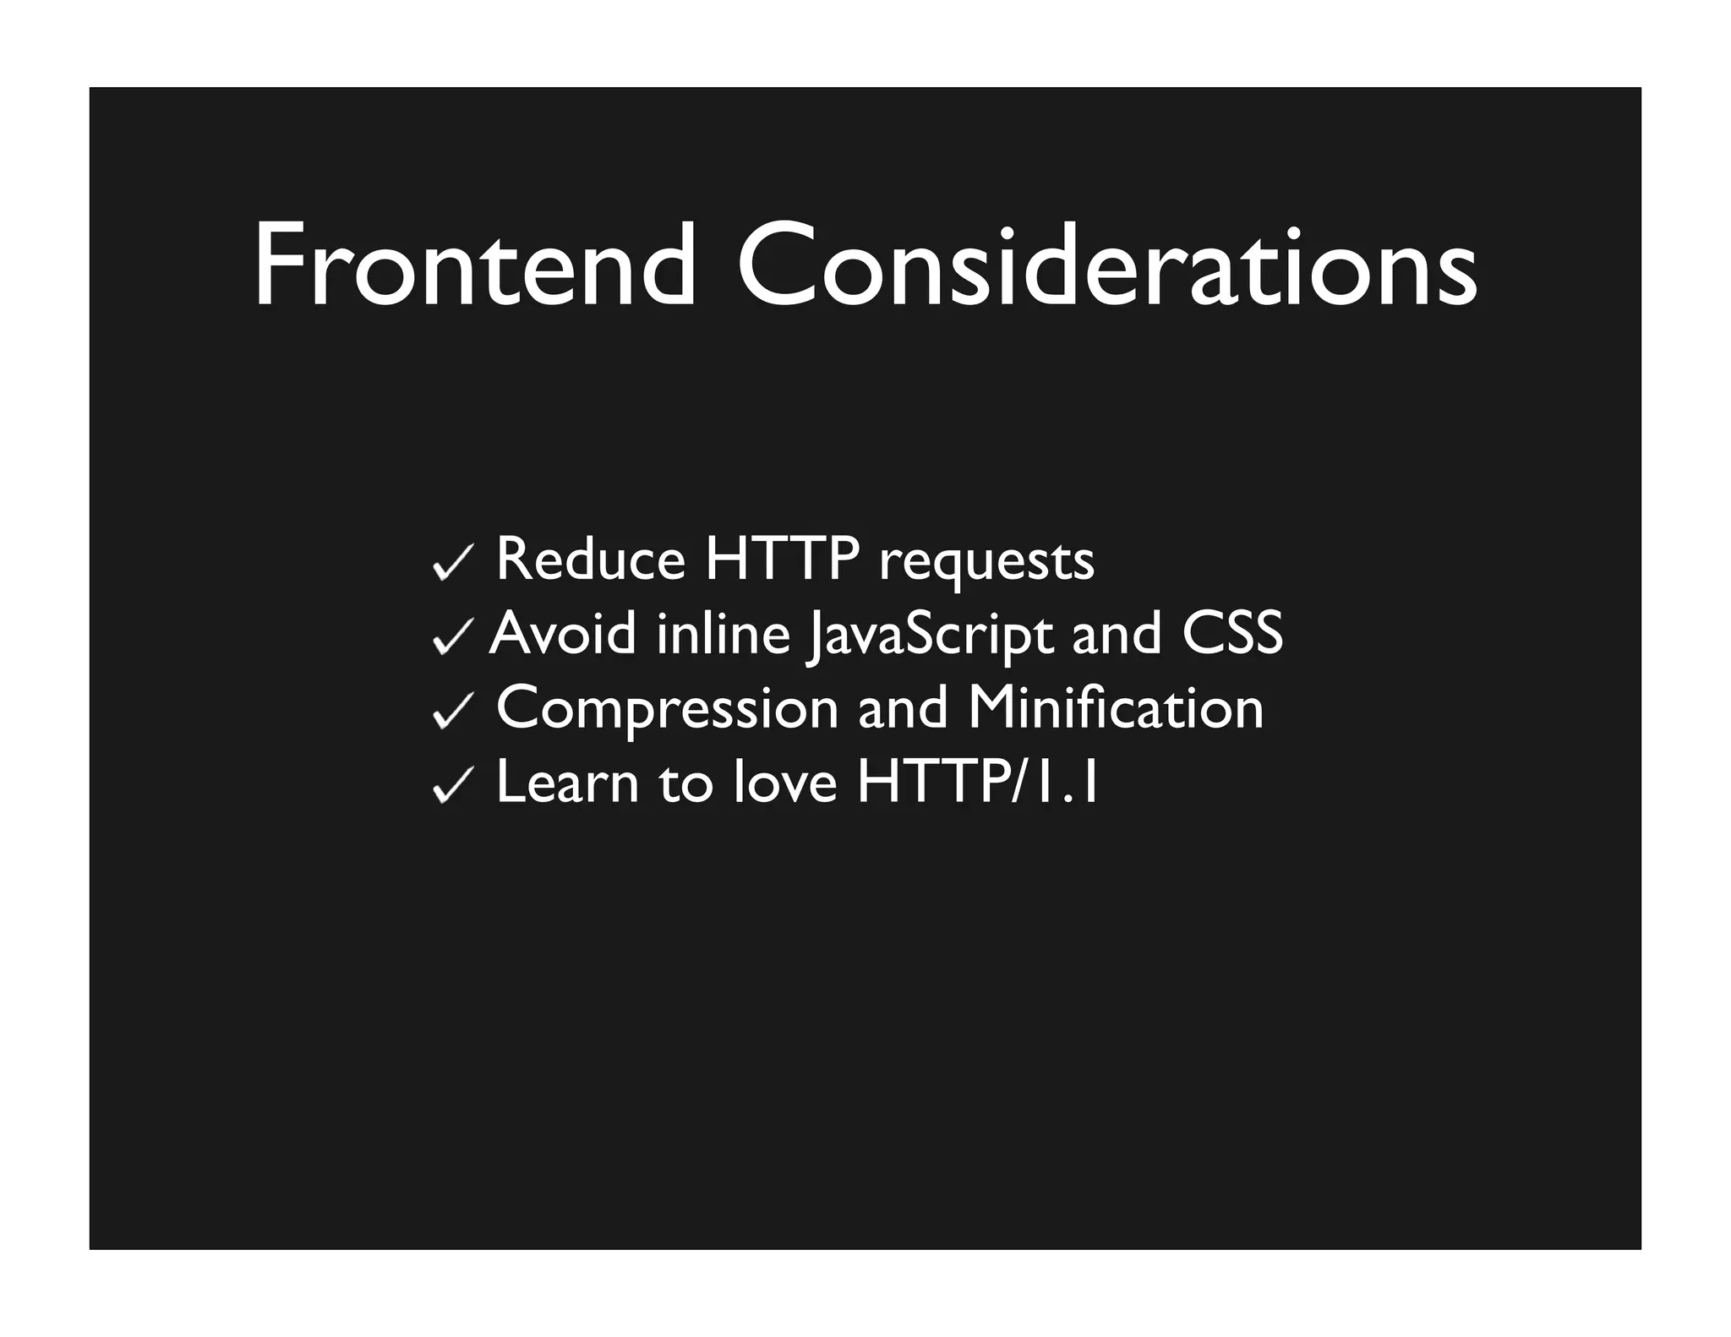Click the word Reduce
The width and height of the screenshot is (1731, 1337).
[x=590, y=559]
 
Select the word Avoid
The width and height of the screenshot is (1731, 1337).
[x=563, y=633]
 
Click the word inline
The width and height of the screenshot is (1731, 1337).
[x=724, y=633]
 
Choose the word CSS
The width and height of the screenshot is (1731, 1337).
[x=1232, y=633]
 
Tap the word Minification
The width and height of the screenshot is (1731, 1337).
[x=1116, y=707]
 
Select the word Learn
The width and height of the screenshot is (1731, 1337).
[x=567, y=782]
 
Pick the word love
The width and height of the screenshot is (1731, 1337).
[x=785, y=782]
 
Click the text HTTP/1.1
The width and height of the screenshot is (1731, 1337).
[x=977, y=782]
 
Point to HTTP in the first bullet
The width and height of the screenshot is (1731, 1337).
[x=782, y=559]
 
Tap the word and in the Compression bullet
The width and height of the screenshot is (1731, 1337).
[x=903, y=707]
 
